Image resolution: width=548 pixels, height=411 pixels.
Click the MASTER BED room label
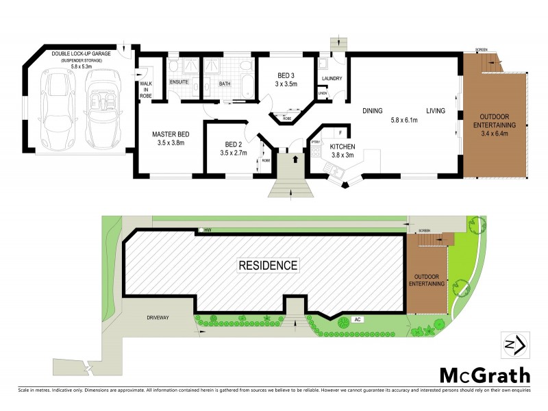point(171,134)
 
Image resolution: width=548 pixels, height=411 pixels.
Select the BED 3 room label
point(287,75)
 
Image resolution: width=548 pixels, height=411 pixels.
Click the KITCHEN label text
point(342,147)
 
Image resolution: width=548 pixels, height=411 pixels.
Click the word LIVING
point(436,110)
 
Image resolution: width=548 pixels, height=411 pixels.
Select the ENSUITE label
point(180,84)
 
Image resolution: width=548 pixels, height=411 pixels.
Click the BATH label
point(224,84)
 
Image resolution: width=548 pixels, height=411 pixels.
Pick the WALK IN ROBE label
point(146,89)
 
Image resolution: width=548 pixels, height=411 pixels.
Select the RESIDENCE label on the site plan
point(268,265)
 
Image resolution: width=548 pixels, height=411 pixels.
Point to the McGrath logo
point(484,375)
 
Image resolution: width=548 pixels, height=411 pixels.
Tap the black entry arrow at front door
point(295,160)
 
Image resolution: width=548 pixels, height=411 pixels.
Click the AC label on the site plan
point(358,319)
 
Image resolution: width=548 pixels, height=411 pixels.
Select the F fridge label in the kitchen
point(340,132)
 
